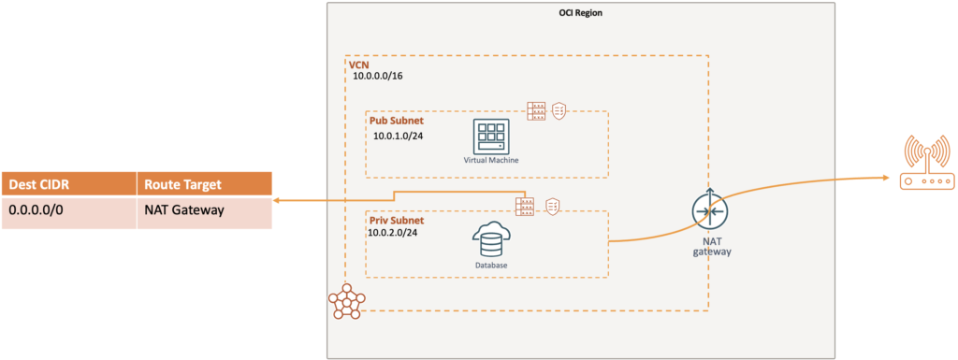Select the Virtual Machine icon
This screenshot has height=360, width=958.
point(490,137)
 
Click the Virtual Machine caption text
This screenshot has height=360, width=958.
point(490,161)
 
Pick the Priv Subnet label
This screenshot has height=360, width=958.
point(398,221)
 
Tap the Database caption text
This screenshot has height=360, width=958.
point(490,266)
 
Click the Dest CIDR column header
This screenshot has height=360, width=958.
point(37,184)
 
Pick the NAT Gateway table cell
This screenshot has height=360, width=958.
point(184,210)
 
